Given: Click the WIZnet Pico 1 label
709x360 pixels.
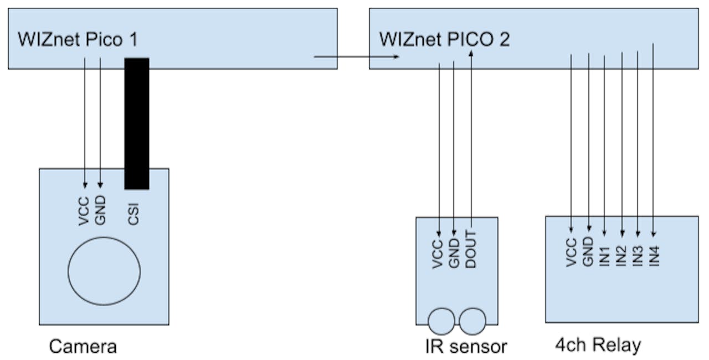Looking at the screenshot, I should coord(78,40).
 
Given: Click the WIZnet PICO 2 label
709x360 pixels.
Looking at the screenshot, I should coord(444,40).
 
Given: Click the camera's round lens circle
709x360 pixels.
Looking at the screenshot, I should coord(104,271).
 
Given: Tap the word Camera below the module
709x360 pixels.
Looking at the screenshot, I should coord(83,347).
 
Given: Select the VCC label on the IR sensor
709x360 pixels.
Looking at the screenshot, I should coord(438,254).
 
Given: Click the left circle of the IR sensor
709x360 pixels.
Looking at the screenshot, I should coord(441,321).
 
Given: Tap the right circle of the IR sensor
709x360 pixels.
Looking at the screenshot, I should coord(472,321).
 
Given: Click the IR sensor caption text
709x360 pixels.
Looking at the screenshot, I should coord(466,347).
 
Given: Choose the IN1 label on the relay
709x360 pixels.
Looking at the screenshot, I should coord(605,251).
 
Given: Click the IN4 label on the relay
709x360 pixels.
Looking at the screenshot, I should coord(655,251).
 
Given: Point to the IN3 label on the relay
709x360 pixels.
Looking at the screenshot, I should coord(638,251).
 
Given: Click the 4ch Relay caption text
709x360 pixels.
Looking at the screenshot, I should coord(598,345).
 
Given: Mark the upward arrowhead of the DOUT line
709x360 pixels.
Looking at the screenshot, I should coord(471,54).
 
